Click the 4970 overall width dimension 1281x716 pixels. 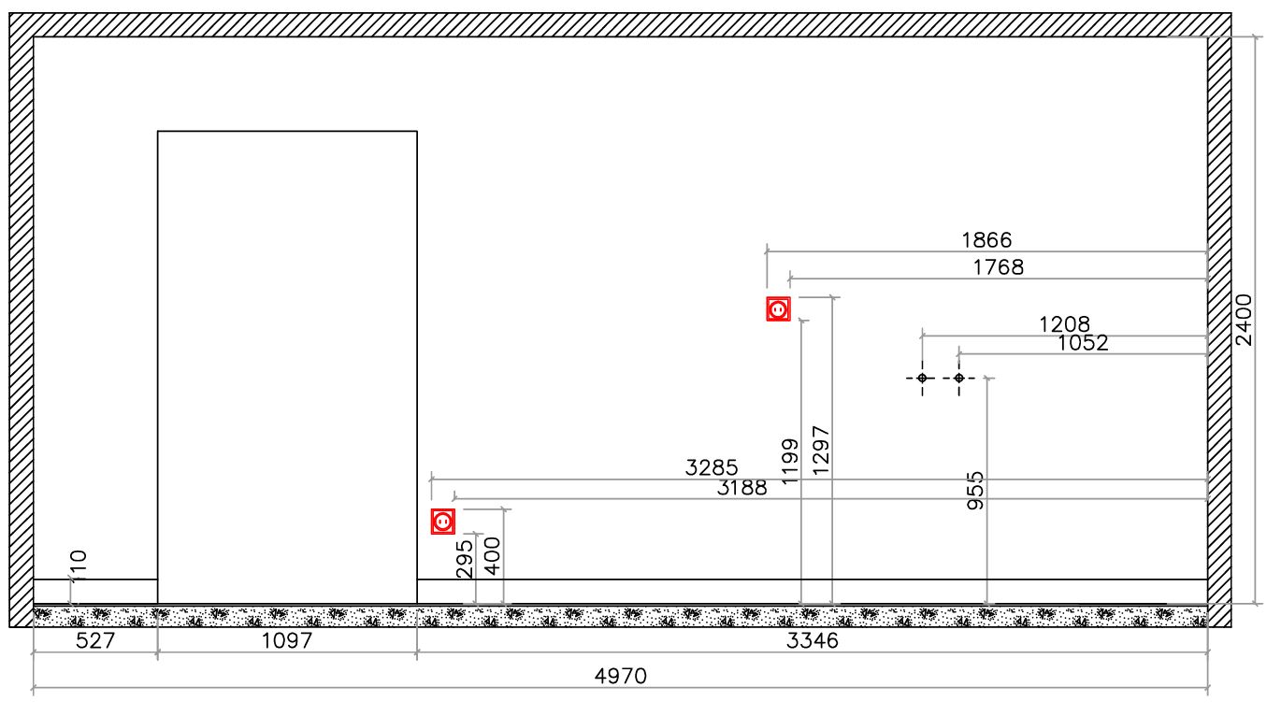(x=621, y=677)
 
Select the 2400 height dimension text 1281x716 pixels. (x=1244, y=321)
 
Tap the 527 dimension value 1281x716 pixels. (x=95, y=640)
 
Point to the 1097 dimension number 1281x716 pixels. (x=287, y=640)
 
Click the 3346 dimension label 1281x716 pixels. (x=812, y=640)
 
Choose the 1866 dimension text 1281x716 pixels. (x=986, y=240)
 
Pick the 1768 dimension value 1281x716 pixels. (x=999, y=267)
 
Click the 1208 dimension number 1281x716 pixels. (x=1064, y=324)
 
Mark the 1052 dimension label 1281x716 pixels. (x=1083, y=342)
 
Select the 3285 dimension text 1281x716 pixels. (x=712, y=467)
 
